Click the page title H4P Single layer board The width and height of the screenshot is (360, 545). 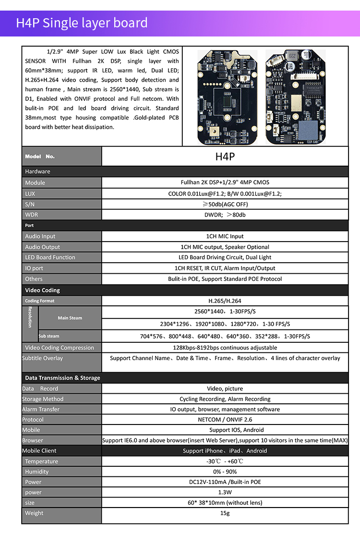[x=82, y=23]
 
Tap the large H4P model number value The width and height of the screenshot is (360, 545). [x=225, y=157]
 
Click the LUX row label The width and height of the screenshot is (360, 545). [x=30, y=194]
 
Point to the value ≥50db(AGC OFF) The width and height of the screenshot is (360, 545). [x=225, y=204]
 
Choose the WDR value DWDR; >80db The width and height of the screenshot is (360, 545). [x=225, y=215]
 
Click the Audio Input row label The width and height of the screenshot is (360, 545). [x=40, y=236]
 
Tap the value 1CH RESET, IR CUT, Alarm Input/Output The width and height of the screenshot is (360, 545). [x=225, y=268]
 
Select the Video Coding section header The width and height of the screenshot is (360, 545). [x=43, y=290]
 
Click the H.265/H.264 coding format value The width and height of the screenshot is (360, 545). [x=225, y=301]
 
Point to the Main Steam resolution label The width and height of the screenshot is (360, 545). [x=70, y=318]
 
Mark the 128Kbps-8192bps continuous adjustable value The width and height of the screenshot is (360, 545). [x=225, y=348]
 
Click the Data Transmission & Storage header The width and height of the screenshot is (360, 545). [x=62, y=378]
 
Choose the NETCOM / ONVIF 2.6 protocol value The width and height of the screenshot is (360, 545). [x=225, y=420]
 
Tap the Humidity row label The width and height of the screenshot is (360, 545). [x=37, y=472]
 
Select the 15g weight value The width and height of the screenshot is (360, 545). [x=225, y=513]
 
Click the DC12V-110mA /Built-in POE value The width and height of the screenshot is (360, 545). [x=225, y=482]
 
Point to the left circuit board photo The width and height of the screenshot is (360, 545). [x=227, y=97]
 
